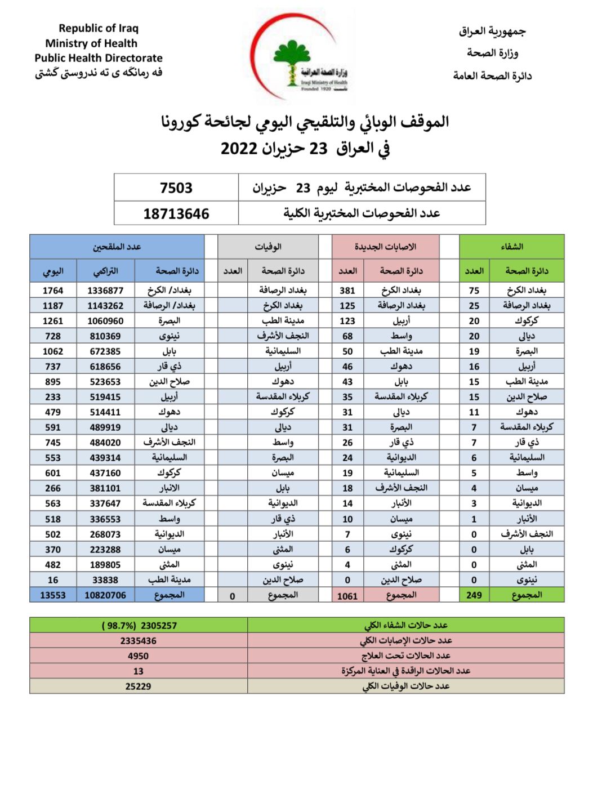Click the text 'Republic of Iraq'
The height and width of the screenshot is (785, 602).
click(98, 28)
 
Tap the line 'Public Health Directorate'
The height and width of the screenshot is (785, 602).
click(98, 58)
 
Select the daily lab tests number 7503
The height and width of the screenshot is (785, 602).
click(176, 188)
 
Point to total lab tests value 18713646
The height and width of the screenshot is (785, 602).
click(176, 214)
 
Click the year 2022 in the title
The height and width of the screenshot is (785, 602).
click(239, 149)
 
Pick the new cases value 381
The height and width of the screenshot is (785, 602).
click(347, 291)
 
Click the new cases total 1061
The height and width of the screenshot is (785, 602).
click(347, 596)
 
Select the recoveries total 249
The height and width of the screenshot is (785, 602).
click(474, 595)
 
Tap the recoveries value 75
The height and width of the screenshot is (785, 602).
click(474, 291)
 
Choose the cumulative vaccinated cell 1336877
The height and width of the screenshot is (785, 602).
click(105, 291)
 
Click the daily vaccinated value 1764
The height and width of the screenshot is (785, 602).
click(53, 291)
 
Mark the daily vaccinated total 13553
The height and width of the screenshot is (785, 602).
click(53, 595)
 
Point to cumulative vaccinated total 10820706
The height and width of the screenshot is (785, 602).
click(105, 595)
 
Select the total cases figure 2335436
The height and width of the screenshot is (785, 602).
click(138, 641)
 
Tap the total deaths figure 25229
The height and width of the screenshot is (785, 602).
click(138, 686)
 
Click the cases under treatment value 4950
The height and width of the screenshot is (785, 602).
click(138, 656)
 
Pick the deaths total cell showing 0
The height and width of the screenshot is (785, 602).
click(232, 596)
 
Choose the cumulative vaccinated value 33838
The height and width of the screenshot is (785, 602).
click(105, 580)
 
